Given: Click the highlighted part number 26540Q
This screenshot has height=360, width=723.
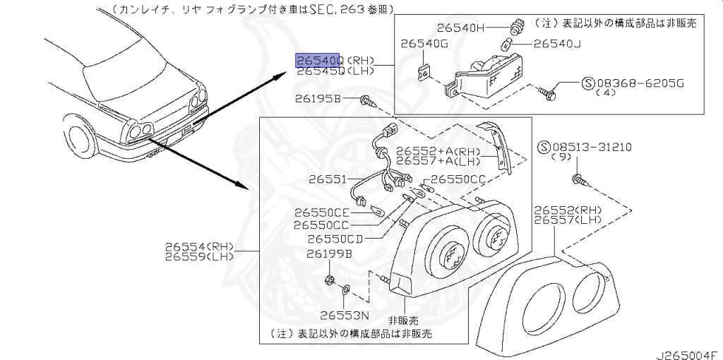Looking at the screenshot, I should (318, 60).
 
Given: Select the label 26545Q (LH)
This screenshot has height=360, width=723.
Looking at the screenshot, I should (335, 71).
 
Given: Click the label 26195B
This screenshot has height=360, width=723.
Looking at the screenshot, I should (318, 100).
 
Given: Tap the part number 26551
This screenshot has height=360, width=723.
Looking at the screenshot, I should (326, 179).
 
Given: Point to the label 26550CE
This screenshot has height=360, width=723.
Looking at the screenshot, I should (322, 212).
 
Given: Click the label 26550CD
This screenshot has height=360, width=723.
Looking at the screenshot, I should (335, 239).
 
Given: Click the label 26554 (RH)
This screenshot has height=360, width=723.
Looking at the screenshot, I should (199, 246).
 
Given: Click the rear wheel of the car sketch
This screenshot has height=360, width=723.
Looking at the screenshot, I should (79, 140).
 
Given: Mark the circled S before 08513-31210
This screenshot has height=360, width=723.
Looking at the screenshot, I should (544, 148).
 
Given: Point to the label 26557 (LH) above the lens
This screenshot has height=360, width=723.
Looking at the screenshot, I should (567, 220).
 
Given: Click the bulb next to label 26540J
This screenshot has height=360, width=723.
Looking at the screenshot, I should (507, 44).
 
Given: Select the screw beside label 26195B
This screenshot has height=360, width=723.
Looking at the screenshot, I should (366, 101).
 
